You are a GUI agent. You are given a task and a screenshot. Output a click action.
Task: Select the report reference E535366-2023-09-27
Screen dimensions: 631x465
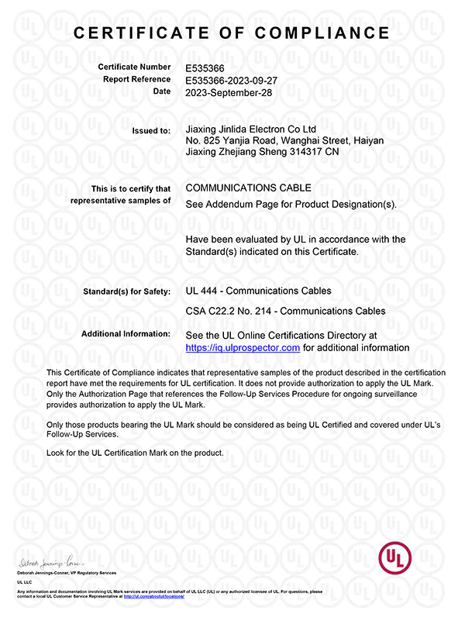point(236,79)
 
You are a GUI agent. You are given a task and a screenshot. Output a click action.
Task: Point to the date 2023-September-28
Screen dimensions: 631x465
point(229,91)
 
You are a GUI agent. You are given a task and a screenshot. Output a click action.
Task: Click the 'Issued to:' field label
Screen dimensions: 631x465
point(153,131)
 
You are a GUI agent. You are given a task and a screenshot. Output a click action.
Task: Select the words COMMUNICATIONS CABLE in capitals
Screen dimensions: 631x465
point(249,188)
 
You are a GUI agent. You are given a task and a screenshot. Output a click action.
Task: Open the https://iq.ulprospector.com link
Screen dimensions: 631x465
point(243,348)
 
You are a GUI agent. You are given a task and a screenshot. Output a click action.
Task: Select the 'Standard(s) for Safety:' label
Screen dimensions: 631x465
point(126,292)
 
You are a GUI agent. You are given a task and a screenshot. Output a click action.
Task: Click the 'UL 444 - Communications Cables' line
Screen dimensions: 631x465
point(259,291)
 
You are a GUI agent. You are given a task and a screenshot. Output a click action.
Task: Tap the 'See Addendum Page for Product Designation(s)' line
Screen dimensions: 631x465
point(291,205)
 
